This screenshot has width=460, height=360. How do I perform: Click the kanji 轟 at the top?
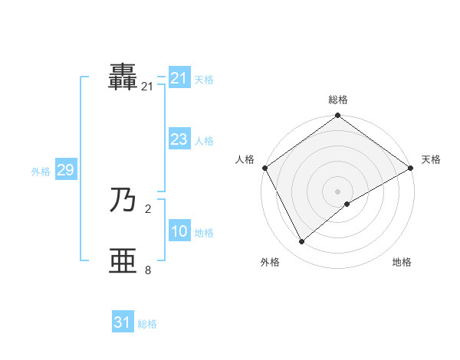pos(123,77)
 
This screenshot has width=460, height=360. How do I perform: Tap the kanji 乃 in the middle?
pos(123,200)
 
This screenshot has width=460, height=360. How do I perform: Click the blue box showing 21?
pos(179,78)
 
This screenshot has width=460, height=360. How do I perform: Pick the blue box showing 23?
pos(179,139)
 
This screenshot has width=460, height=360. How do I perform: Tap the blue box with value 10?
pos(179,231)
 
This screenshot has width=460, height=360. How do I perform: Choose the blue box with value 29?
pos(65,170)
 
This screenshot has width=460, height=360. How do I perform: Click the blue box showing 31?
pos(123,322)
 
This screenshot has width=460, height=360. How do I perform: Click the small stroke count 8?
pos(148,270)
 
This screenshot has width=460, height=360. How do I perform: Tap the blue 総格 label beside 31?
pos(147,324)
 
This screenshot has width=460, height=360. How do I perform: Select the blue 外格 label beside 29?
pos(41,172)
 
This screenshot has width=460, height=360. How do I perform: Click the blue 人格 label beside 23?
pos(204,141)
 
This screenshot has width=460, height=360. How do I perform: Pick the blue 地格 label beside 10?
pos(204,233)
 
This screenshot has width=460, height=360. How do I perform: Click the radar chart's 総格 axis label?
pos(337,100)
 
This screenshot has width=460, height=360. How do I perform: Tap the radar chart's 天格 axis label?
pos(432,159)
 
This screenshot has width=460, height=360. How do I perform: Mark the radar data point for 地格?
pos(347,204)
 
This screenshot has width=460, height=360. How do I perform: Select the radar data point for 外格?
pos(301,241)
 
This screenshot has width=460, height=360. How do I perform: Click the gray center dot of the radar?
pos(337,191)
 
